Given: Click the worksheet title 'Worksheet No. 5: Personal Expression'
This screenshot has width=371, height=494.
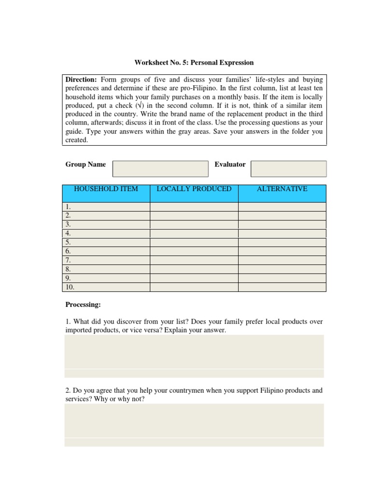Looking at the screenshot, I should point(193,63).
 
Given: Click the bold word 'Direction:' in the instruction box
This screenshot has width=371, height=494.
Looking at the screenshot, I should point(81,79).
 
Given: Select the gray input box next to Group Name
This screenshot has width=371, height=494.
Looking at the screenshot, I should point(160,169).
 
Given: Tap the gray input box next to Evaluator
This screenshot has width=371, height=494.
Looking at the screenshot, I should point(288,169).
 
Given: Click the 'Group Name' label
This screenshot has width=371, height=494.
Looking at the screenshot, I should point(86,165).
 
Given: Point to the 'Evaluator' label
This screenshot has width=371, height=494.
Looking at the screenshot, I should point(230,165).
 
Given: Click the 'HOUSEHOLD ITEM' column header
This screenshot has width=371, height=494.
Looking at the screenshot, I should point(106,189).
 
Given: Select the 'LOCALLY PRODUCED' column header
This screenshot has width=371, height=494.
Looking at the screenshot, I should point(194,189).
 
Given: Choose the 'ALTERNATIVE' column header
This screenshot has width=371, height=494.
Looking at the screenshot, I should point(282,189).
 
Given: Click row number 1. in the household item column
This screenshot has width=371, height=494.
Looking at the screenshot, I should point(68,206).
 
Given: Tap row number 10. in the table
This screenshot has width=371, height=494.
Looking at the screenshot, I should point(70,287).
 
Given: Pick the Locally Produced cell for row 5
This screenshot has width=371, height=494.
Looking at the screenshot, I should point(194,242).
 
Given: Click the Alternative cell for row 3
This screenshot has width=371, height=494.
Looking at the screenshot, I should point(282,224).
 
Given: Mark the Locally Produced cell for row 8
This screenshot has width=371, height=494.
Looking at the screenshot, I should point(194,269).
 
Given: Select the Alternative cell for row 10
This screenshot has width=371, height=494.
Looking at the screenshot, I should point(282,287).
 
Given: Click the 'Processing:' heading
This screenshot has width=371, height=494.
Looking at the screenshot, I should point(84,305).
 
